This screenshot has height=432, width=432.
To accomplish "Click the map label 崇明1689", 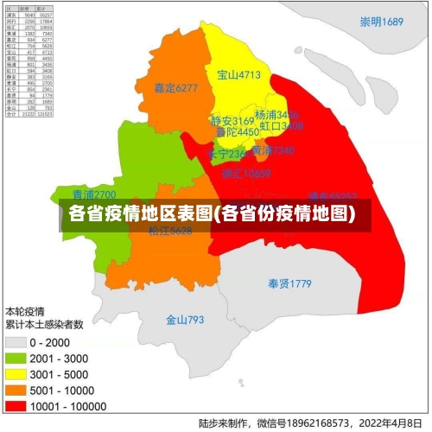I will point(383,22).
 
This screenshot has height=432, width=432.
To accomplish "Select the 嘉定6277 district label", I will point(175,87).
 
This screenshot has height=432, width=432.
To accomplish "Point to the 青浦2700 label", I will point(93,194).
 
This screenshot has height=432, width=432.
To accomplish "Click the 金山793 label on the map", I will point(185,320).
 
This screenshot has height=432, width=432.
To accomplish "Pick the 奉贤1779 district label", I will point(289,283).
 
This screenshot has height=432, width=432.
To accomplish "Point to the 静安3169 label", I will point(232,120).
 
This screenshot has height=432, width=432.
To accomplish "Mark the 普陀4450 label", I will point(237,132).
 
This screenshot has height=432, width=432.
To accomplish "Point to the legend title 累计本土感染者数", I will point(45,325).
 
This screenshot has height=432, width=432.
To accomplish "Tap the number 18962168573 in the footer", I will point(307,423).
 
